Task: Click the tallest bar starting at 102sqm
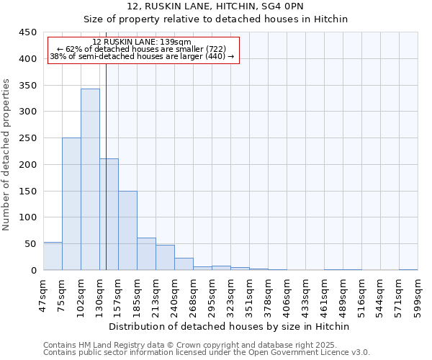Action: coord(90,179)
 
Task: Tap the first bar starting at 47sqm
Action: coord(53,256)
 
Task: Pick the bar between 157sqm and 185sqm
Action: coord(127,230)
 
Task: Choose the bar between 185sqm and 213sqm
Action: coord(146,254)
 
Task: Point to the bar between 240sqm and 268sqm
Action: coord(184,264)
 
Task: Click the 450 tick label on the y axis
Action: coord(28,32)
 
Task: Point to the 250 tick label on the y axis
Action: coord(28,138)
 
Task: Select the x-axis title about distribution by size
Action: coord(230,326)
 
